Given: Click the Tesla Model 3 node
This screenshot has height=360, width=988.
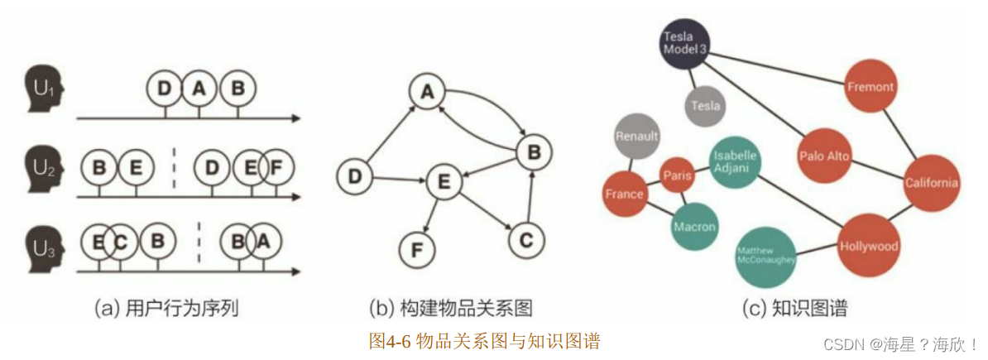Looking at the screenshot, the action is tap(686, 41).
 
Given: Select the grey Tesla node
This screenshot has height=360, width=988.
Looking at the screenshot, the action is tap(706, 105).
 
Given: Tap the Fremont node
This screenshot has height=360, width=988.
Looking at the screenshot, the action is tap(870, 86).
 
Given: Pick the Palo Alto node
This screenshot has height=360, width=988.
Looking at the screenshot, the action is tap(825, 156).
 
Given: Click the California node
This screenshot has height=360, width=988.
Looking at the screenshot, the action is tap(931, 183).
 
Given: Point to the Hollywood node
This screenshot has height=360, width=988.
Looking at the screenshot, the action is tap(868, 246).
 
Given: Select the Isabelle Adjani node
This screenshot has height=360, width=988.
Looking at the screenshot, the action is tap(734, 161).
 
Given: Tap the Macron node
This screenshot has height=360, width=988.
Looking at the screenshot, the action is tap(693, 226).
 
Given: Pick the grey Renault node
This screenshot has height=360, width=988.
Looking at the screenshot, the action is tap(637, 136).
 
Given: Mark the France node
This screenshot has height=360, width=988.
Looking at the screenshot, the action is tap(625, 194).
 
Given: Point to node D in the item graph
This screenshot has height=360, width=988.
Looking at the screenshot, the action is tap(356, 176).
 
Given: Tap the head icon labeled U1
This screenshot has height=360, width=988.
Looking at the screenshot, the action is tap(42, 88).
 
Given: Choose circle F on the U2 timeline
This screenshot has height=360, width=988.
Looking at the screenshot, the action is tap(276, 169).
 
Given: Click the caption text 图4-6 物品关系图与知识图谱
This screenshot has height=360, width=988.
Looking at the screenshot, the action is tap(484, 340).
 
